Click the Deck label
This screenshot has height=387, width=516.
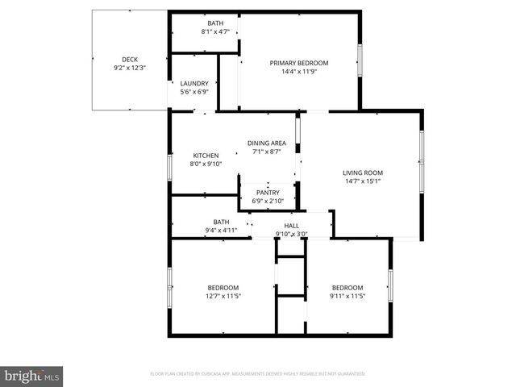130,59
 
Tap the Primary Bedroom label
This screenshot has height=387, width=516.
299,63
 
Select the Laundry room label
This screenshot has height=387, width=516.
194,83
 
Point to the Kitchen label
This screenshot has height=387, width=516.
206,156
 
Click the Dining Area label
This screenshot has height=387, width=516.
267,143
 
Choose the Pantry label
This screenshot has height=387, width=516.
268,193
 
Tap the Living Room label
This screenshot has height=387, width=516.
362,173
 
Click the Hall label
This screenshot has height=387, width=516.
291,226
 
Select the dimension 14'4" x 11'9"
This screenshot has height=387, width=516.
299,71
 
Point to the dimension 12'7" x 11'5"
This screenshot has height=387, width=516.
223,296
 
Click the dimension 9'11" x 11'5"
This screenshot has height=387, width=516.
347,296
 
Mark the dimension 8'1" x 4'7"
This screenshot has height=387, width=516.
215,31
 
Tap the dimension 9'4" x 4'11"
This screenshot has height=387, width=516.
221,231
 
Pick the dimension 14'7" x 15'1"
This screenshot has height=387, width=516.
362,181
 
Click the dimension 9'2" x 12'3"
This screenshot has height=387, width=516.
130,68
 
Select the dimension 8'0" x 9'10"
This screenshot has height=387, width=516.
206,164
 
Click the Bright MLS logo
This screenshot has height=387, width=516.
32,376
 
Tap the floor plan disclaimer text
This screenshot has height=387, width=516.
258,374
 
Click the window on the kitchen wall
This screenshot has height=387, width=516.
169,168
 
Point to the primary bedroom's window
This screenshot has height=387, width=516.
360,61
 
